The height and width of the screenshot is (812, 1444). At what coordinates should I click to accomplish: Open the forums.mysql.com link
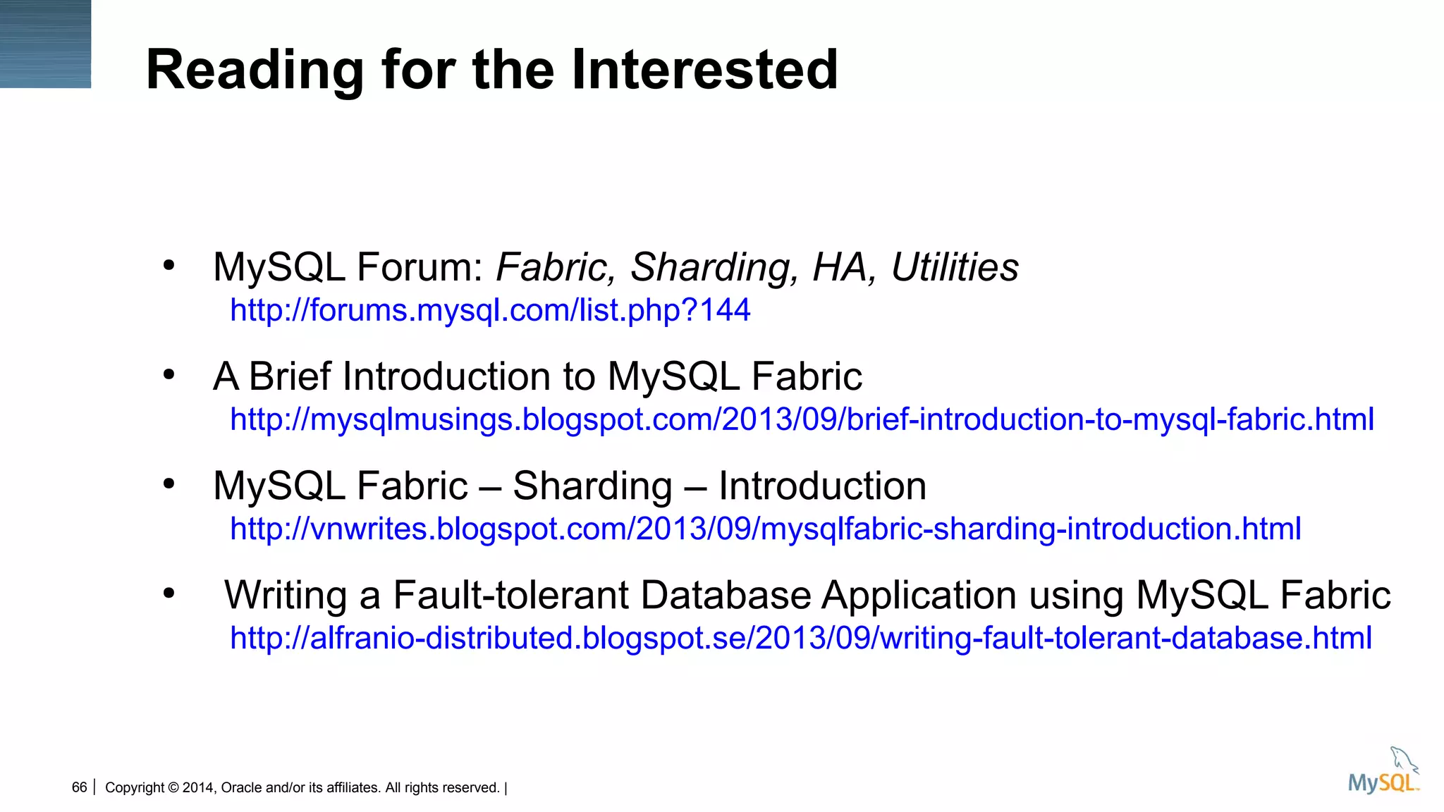tap(490, 310)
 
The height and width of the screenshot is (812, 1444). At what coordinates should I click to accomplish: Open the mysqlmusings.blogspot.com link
tap(802, 419)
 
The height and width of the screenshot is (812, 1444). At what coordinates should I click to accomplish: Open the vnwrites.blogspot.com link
tap(765, 529)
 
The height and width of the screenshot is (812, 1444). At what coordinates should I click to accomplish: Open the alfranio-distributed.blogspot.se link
tap(800, 638)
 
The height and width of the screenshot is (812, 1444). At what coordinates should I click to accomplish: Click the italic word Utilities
tap(955, 267)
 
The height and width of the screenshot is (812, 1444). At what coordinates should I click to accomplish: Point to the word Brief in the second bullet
tap(290, 376)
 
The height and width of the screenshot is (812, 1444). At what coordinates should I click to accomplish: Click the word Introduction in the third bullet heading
tap(822, 486)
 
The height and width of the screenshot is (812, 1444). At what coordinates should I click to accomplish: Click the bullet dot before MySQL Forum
tap(169, 266)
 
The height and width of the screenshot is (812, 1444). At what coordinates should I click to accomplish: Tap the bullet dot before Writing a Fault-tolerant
tap(169, 593)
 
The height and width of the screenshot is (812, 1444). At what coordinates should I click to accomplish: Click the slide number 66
tap(79, 787)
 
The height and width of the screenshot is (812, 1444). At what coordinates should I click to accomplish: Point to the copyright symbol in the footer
tap(173, 788)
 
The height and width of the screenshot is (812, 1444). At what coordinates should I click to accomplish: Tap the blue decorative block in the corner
tap(45, 44)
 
